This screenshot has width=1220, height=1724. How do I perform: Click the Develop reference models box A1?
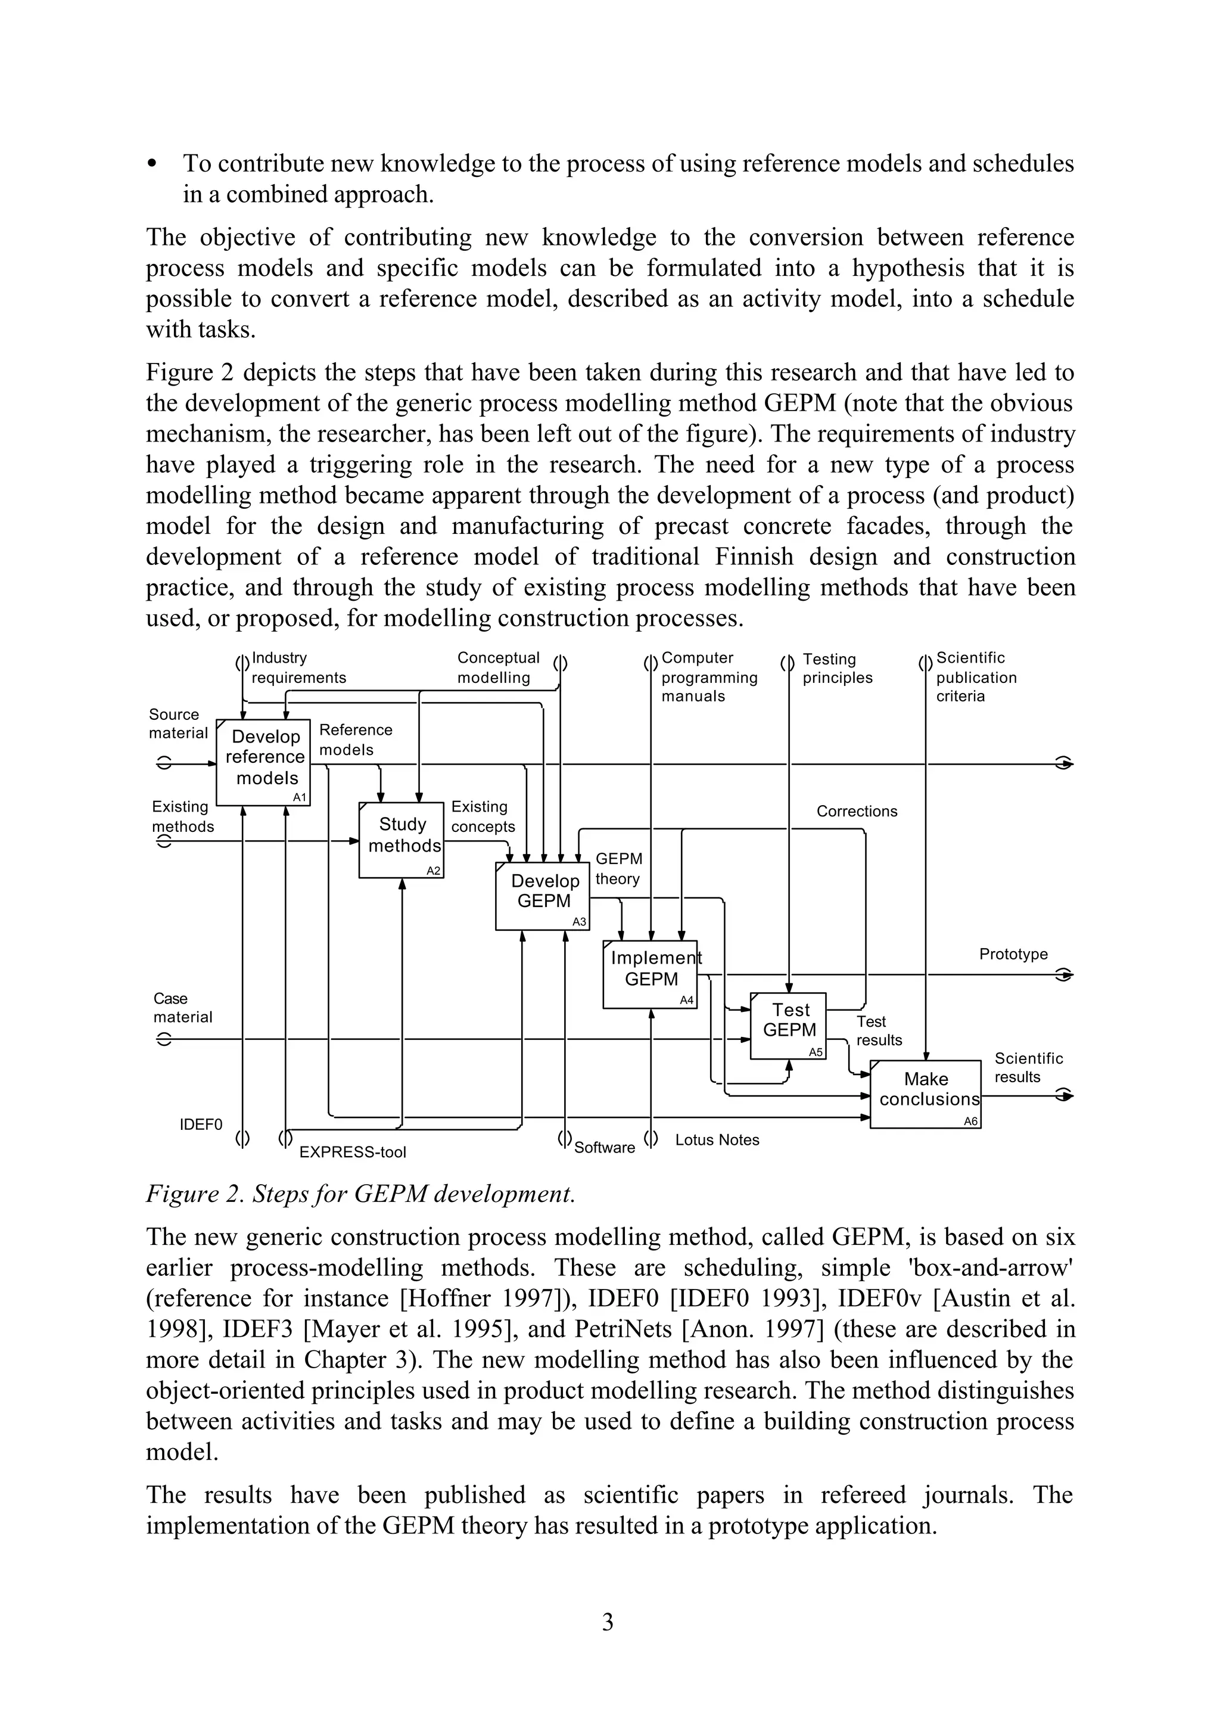coord(263,762)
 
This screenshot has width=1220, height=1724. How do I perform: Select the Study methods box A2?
coord(401,840)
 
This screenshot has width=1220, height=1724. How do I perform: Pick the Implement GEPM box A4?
coord(650,974)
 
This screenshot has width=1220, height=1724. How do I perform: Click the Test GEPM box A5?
coord(788,1025)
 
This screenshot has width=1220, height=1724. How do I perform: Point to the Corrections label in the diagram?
coord(857,811)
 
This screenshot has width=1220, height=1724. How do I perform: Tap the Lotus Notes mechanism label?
coord(717,1139)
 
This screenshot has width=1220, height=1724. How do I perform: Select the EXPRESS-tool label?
coord(352,1152)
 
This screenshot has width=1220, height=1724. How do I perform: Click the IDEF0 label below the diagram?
coord(201,1125)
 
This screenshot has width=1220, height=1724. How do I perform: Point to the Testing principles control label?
coord(837,668)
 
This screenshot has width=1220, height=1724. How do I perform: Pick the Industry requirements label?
coord(298,667)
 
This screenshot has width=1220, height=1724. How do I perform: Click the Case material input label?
coord(182,1007)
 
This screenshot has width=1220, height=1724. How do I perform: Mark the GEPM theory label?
coord(618,868)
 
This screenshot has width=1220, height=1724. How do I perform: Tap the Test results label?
coord(878,1030)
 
